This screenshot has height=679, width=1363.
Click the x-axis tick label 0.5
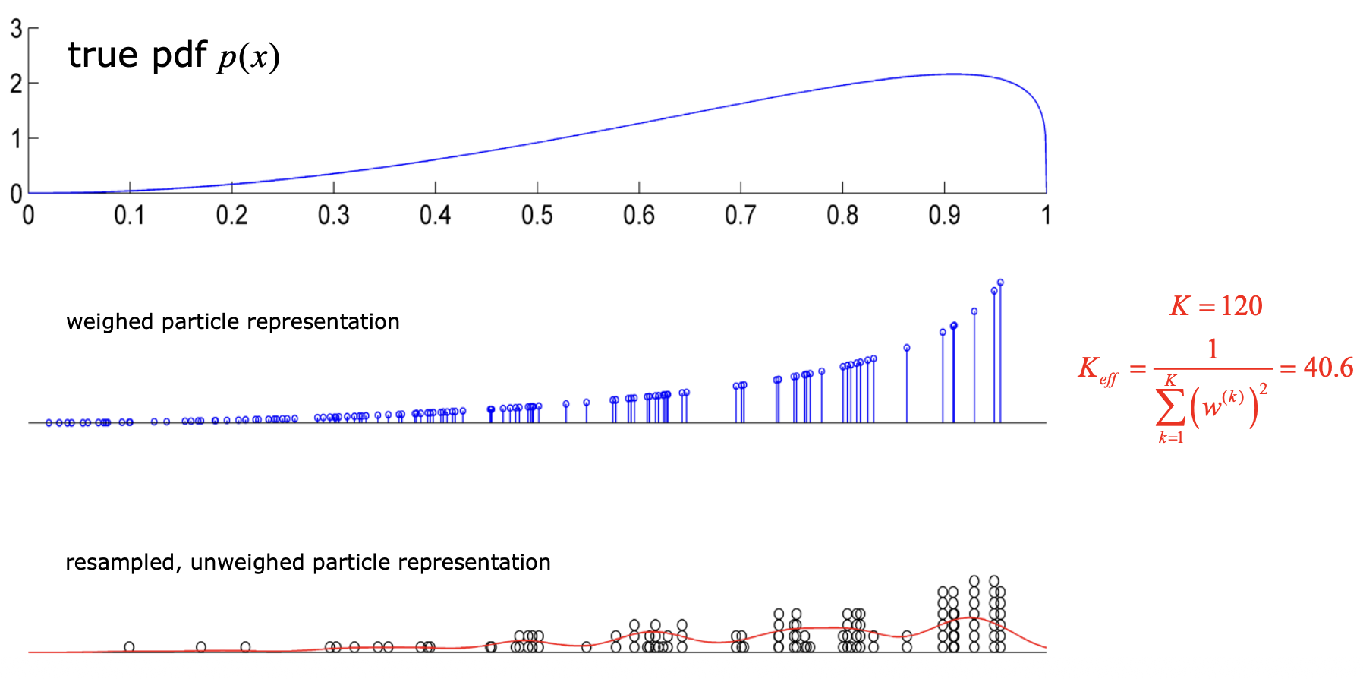(537, 216)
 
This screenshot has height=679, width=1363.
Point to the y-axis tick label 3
(16, 29)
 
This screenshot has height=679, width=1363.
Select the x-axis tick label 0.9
(944, 216)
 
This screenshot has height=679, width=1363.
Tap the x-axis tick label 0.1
(130, 216)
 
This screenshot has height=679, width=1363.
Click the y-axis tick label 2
(16, 84)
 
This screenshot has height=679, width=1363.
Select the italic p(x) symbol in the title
(249, 58)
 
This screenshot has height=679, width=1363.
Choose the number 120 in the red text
(1242, 306)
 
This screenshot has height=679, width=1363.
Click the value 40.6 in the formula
(1328, 368)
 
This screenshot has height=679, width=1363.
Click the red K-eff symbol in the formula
(1097, 371)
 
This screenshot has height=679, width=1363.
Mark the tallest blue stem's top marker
(1000, 283)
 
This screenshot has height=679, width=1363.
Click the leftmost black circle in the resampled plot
(129, 647)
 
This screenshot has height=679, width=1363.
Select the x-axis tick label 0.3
(333, 216)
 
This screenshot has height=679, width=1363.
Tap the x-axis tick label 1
(1046, 216)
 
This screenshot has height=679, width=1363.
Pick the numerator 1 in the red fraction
(1213, 349)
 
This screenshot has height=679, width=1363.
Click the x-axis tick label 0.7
(740, 216)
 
